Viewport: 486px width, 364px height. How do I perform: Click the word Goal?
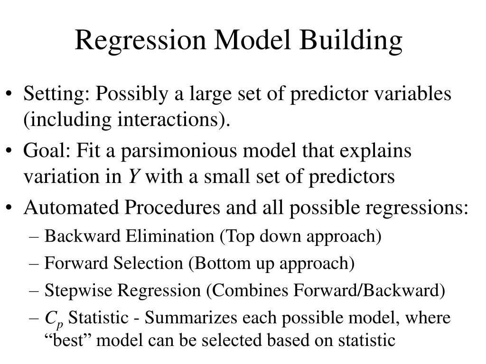tap(46, 151)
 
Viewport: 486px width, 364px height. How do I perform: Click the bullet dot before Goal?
tap(10, 152)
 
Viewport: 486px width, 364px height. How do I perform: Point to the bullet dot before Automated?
tap(10, 208)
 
